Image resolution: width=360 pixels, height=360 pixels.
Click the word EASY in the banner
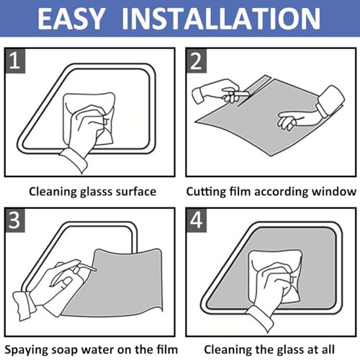coord(71,19)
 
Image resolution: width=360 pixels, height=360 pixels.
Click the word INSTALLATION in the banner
coord(221,19)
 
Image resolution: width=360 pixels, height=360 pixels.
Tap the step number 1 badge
coord(15,60)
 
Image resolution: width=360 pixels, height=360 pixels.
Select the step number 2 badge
coord(196,60)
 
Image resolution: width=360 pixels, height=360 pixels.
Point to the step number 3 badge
coord(15,220)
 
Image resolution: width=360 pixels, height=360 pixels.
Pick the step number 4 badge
coord(196,220)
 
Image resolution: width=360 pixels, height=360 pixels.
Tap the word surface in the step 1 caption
coord(136,192)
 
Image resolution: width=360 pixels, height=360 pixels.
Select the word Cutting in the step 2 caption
coord(207,192)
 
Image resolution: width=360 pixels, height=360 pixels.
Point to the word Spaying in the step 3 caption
coord(24,350)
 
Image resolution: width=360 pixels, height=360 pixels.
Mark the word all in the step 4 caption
coord(327,349)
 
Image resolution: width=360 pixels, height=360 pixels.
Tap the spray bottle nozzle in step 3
coord(89,268)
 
